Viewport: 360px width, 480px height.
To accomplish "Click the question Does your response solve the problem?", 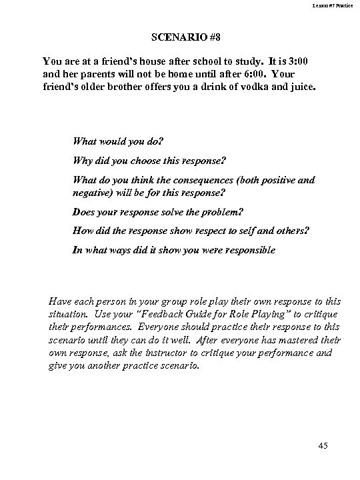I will coord(158,212).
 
